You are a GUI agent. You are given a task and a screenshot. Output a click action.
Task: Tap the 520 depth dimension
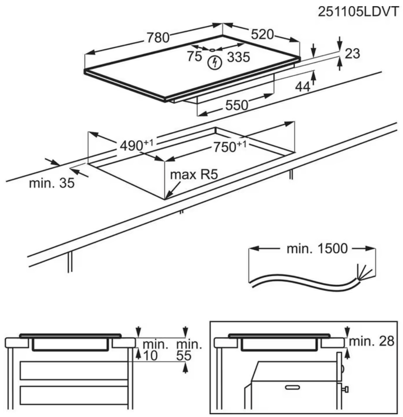(262, 34)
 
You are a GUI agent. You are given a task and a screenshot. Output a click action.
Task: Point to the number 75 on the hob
(194, 56)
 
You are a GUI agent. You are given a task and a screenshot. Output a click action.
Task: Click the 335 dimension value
(239, 57)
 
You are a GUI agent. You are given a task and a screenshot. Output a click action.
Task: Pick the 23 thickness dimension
(352, 53)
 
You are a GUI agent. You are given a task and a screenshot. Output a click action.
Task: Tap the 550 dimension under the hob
(236, 105)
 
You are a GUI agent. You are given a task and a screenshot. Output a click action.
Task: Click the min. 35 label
(51, 183)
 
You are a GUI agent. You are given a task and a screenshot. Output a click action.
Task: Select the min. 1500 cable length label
(317, 249)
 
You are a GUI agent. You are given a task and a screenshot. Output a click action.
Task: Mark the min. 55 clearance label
(189, 350)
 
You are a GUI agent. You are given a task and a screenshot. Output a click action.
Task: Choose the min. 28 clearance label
(372, 340)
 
